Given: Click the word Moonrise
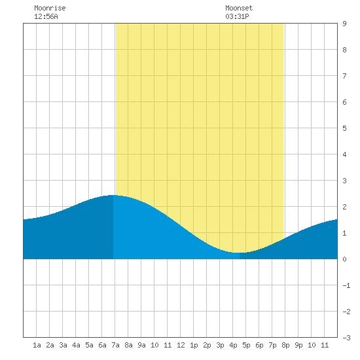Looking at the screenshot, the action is [x=50, y=8].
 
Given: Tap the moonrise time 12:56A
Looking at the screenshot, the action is [x=46, y=16].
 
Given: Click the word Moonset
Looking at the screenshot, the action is [x=239, y=8].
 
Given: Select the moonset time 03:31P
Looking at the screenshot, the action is [x=237, y=16].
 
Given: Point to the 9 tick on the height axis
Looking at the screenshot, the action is [x=344, y=24].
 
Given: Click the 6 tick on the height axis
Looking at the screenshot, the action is [x=344, y=102].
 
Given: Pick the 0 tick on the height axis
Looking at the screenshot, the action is [x=344, y=259].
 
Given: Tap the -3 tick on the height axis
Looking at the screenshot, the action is [x=346, y=338].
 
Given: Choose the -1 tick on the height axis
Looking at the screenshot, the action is [x=346, y=285].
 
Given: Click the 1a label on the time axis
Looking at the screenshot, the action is [x=37, y=345].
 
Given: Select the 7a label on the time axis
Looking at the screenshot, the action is [x=115, y=345].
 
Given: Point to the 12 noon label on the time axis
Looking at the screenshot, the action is [x=181, y=345].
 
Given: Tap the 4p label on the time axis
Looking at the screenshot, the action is [x=233, y=345].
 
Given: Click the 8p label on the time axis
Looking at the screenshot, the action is [x=285, y=345].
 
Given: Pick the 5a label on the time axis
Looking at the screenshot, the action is [x=89, y=345].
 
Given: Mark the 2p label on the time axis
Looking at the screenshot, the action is [x=207, y=345].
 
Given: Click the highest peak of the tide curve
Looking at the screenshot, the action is [x=113, y=195].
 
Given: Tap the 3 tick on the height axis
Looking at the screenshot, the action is [x=344, y=181].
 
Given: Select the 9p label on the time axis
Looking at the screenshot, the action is [x=298, y=345].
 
